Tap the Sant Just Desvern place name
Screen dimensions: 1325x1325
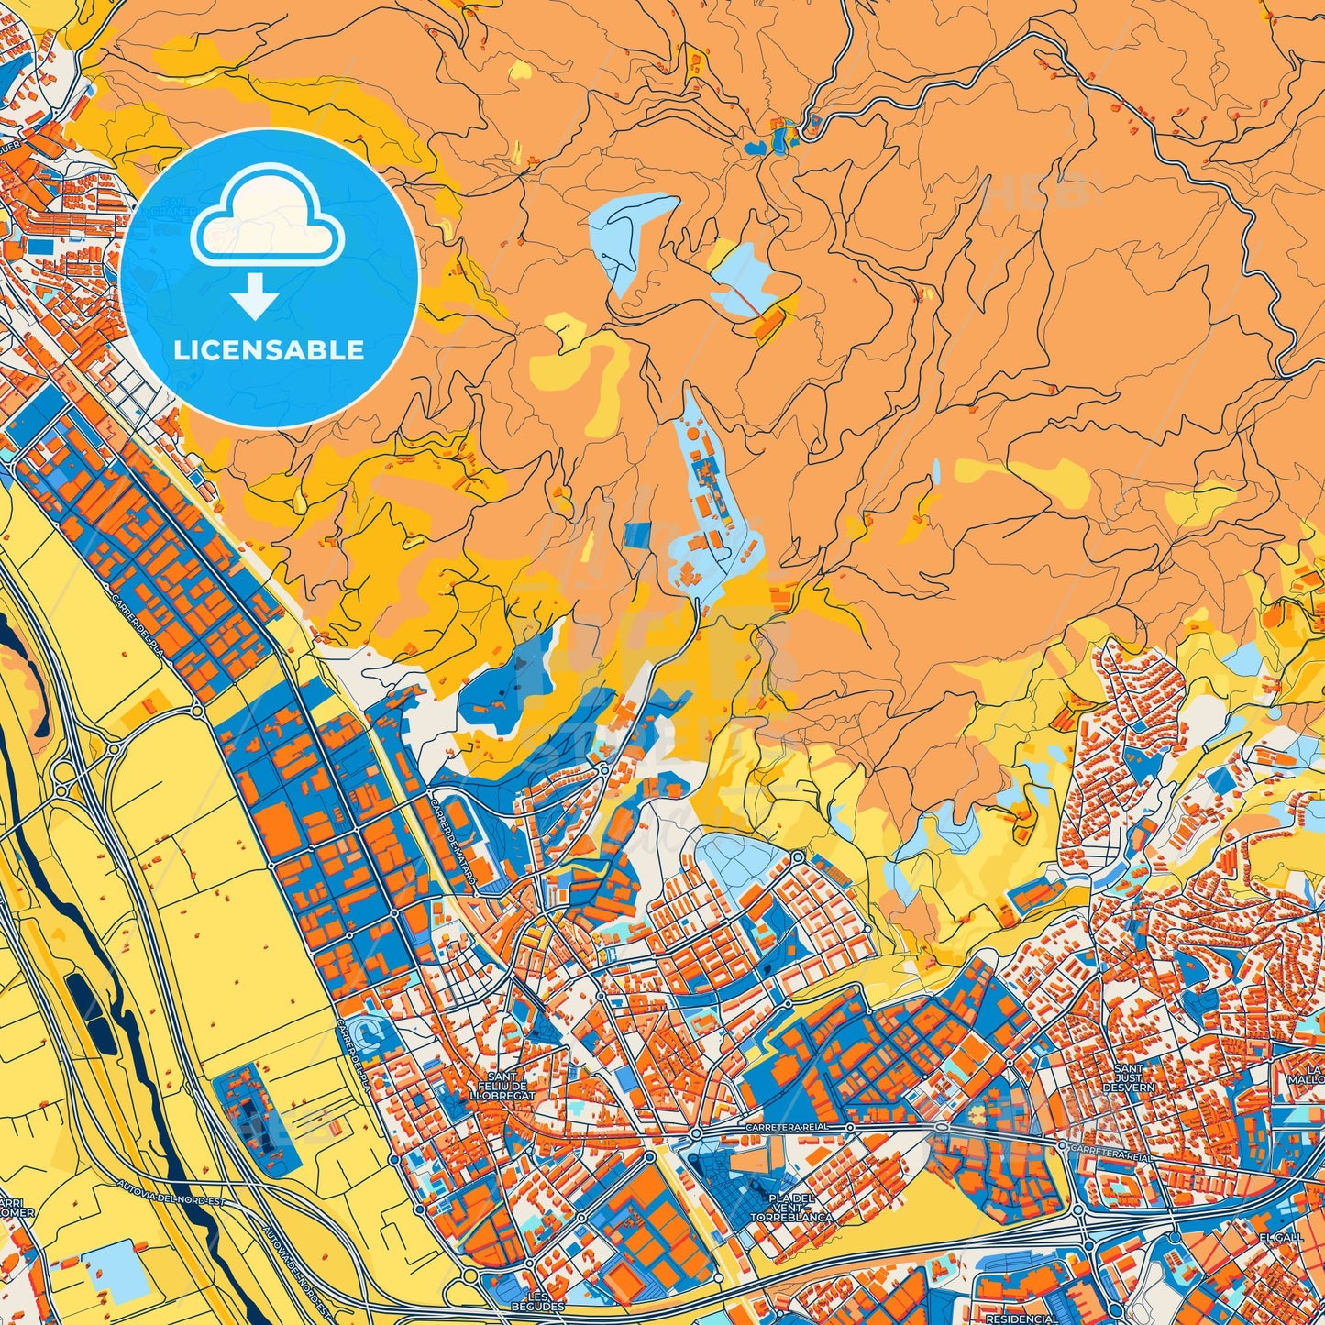click(x=1129, y=1077)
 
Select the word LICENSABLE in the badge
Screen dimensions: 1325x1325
click(x=269, y=350)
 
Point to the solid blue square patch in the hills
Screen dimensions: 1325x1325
click(x=636, y=536)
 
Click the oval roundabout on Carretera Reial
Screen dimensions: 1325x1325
click(x=944, y=1129)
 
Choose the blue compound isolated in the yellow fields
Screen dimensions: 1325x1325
click(x=257, y=1120)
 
